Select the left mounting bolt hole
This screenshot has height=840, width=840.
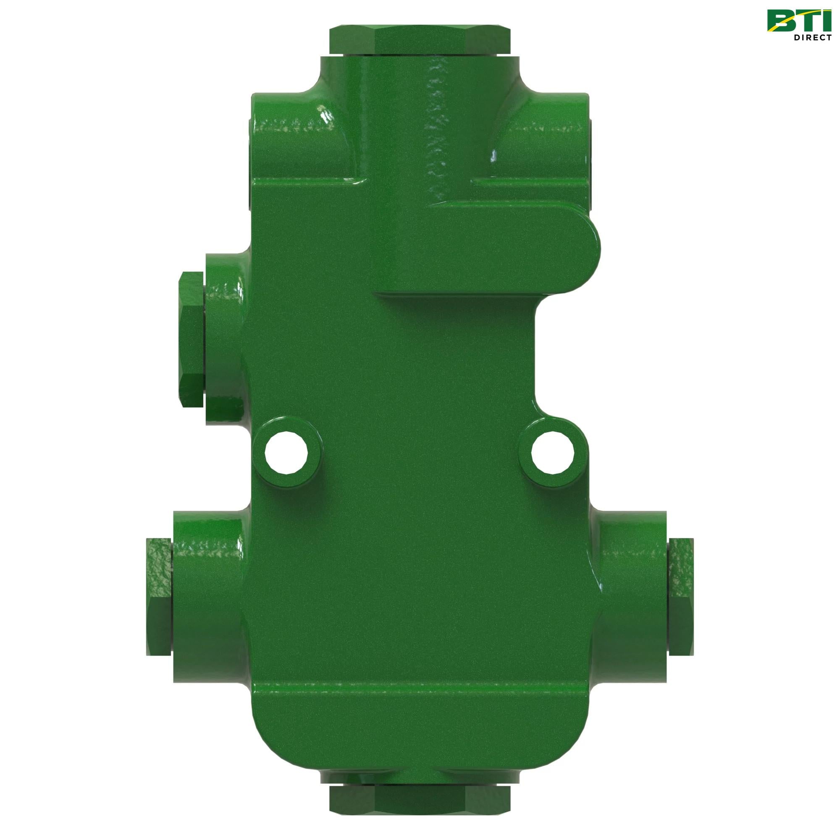pyautogui.click(x=287, y=454)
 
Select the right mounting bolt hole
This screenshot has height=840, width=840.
pyautogui.click(x=553, y=454)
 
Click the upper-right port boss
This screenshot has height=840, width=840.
pyautogui.click(x=548, y=144)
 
